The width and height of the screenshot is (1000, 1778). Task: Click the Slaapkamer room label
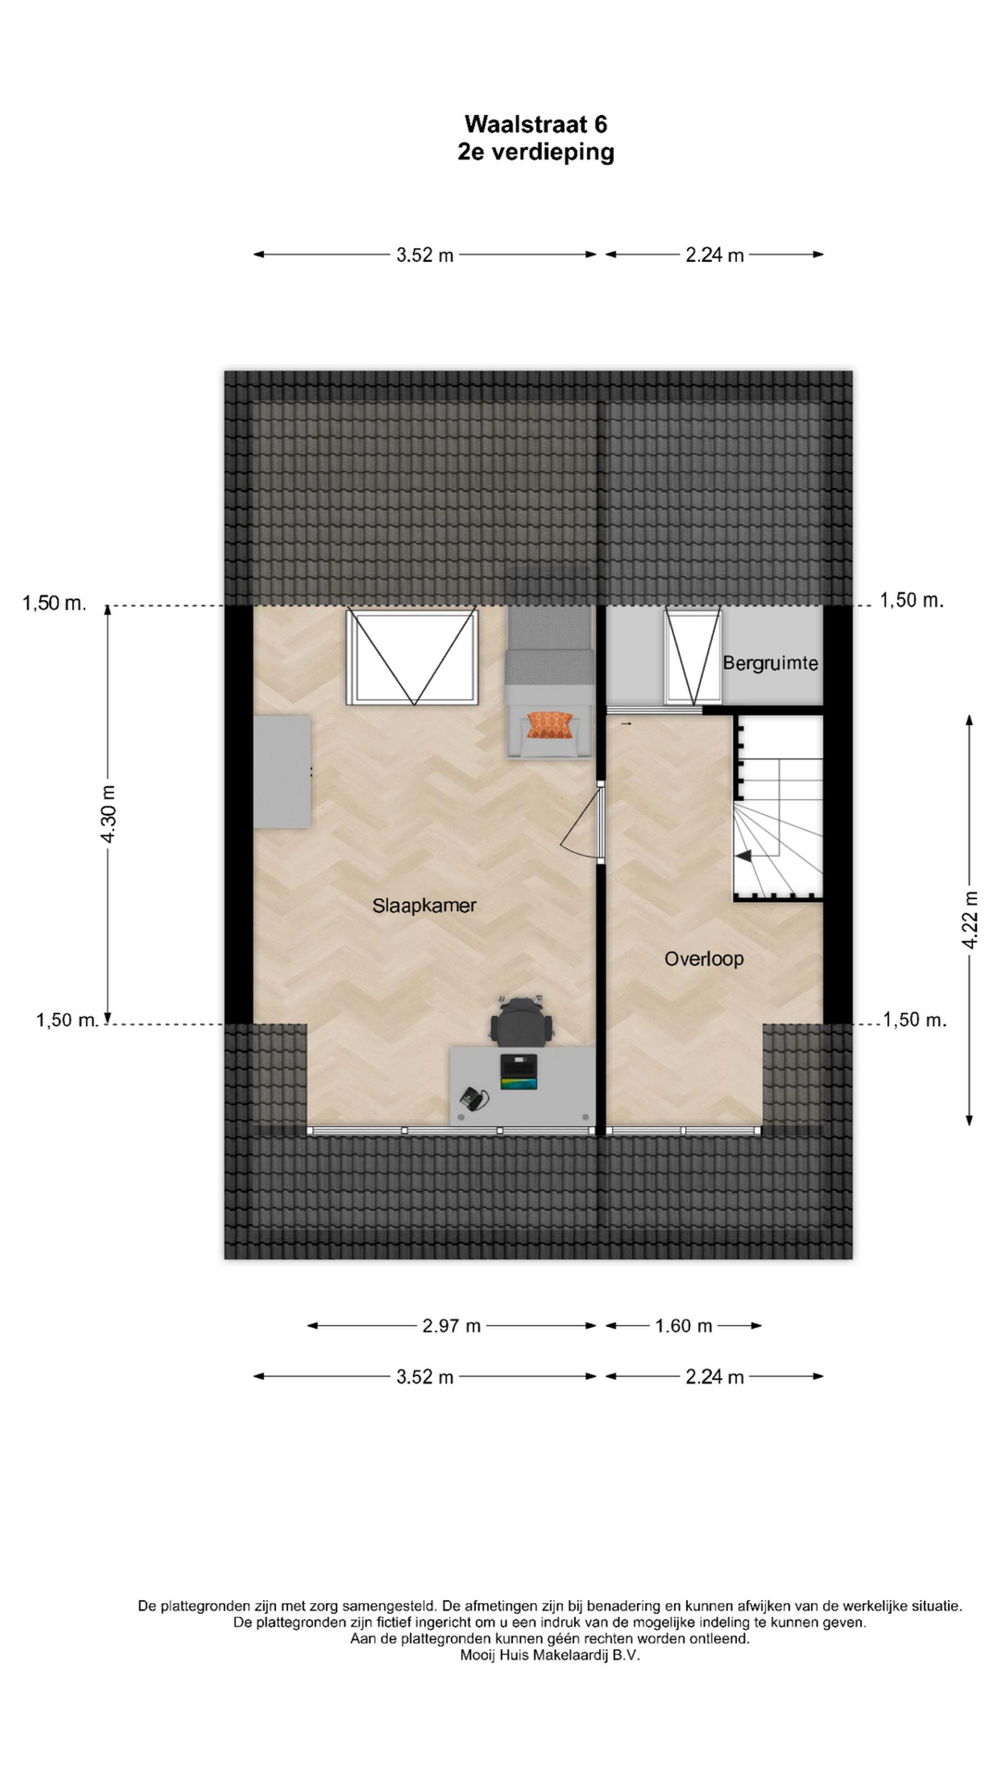coord(424,906)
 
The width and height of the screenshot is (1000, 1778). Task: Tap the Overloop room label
coord(704,959)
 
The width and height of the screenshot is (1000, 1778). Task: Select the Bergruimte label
coord(770,663)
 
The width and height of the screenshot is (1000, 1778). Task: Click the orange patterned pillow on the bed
coord(549,725)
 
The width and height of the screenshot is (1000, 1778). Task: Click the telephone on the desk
coord(473,1098)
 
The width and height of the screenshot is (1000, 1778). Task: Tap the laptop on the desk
coord(519,1071)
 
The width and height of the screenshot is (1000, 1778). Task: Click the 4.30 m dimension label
coord(108,814)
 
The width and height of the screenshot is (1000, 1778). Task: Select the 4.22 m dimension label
coord(969,919)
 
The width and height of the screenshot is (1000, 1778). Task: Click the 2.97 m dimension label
coord(452,1326)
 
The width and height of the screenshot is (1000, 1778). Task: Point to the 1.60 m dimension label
coord(683,1326)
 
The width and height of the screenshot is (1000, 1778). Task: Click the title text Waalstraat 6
coord(536,124)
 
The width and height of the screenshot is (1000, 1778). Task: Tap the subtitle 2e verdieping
coord(536,152)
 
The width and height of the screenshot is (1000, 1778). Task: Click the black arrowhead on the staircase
coord(744,856)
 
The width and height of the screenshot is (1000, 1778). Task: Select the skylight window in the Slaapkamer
coord(413,657)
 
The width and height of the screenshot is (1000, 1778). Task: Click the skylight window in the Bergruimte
coord(693,657)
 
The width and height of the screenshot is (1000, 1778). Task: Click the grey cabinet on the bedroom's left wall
coord(282,771)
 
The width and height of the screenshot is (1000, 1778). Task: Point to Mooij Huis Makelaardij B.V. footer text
coord(550,1655)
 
